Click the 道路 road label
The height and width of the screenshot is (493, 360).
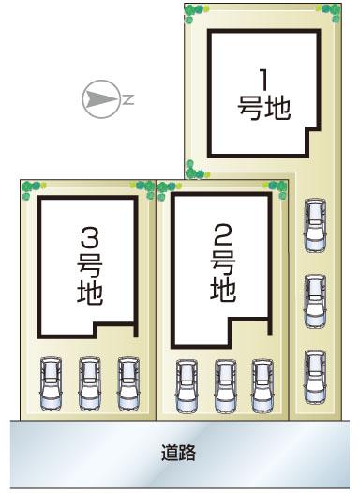pyautogui.click(x=178, y=453)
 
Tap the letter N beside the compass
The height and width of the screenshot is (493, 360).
pyautogui.click(x=128, y=99)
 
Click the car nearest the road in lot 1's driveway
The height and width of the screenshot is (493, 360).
pyautogui.click(x=315, y=376)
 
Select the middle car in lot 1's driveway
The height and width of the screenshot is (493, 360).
pyautogui.click(x=315, y=301)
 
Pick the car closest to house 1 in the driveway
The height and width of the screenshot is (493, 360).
pyautogui.click(x=315, y=225)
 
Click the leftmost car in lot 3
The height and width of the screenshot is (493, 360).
pyautogui.click(x=51, y=383)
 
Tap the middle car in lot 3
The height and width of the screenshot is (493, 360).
pyautogui.click(x=90, y=383)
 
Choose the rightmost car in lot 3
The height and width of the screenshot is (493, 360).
pyautogui.click(x=128, y=383)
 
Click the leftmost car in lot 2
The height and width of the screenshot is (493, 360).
pyautogui.click(x=187, y=386)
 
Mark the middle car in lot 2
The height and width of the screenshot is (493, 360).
pyautogui.click(x=226, y=386)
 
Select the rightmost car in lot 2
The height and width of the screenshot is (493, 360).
pyautogui.click(x=262, y=386)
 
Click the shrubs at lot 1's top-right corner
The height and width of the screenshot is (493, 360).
pyautogui.click(x=329, y=12)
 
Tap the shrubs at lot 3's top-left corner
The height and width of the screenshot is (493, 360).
pyautogui.click(x=33, y=188)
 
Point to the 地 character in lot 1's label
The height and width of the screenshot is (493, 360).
pyautogui.click(x=277, y=108)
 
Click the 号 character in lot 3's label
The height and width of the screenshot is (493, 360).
pyautogui.click(x=90, y=266)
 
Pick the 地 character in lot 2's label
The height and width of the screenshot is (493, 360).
pyautogui.click(x=223, y=290)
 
